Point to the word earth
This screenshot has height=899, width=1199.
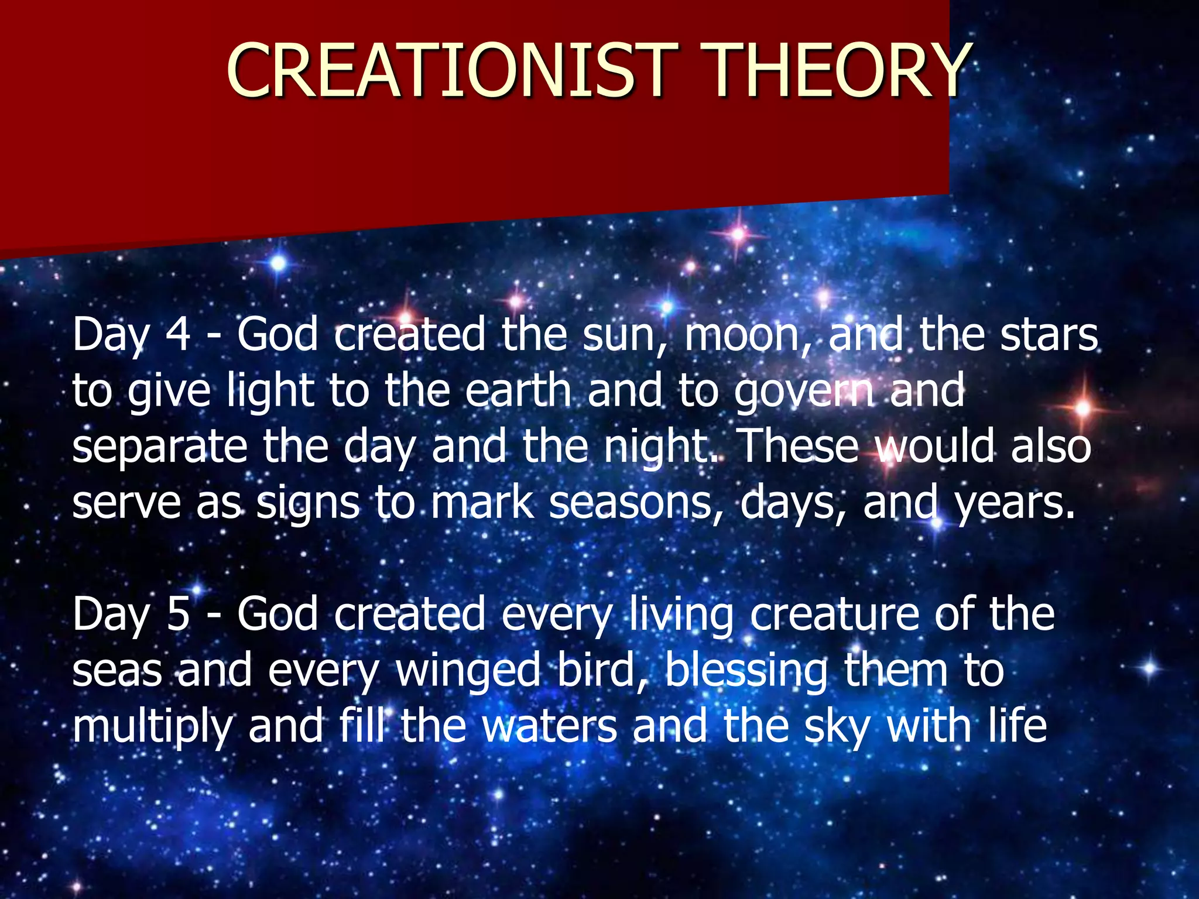point(519,391)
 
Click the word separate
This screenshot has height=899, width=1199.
point(160,448)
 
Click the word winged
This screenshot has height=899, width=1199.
point(468,672)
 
